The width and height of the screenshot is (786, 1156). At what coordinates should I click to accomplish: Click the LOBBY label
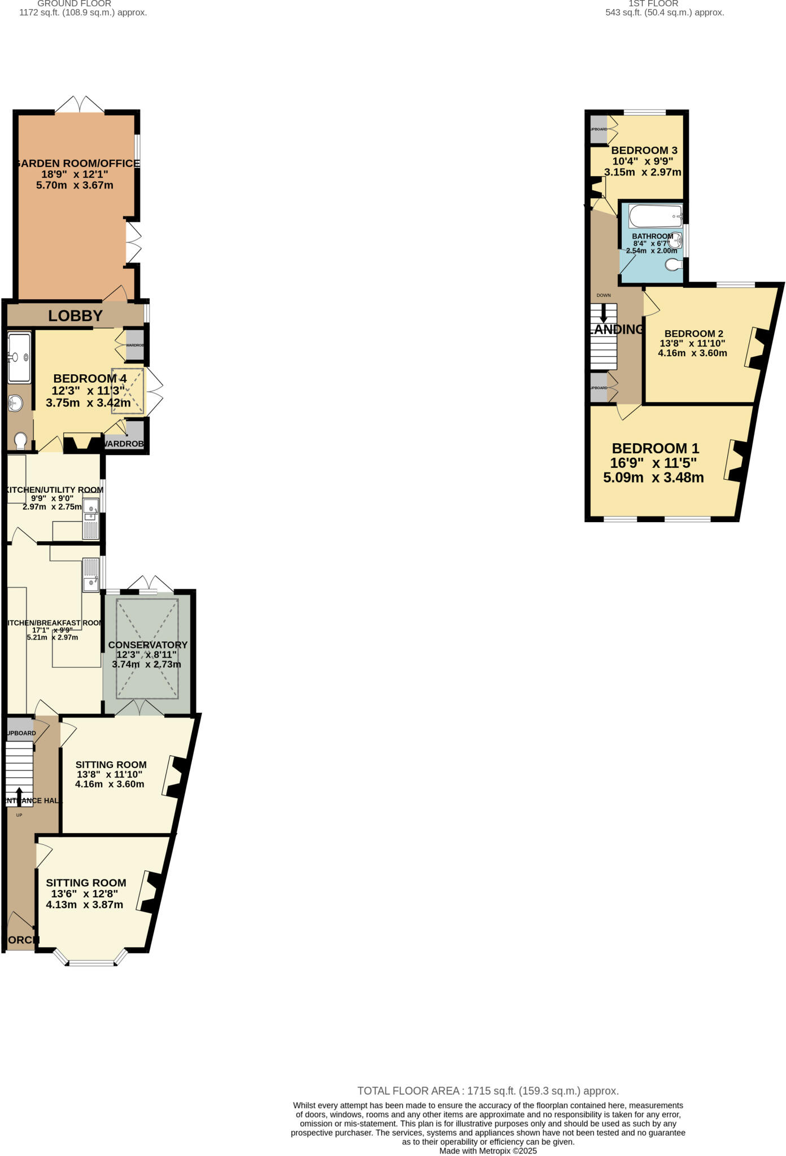[75, 316]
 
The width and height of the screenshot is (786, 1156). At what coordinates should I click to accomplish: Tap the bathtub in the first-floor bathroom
[656, 216]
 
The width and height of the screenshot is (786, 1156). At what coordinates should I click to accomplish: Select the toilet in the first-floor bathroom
[674, 264]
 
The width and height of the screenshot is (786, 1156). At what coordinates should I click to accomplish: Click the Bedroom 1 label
[655, 448]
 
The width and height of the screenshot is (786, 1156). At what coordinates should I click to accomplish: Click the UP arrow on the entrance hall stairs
[19, 796]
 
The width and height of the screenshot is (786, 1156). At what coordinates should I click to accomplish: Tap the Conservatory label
[147, 645]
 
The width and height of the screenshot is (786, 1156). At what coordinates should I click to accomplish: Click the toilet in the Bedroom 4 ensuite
[21, 440]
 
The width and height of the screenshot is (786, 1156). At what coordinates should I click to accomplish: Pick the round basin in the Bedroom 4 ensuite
[16, 403]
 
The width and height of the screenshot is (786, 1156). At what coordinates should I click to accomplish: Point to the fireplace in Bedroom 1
[736, 461]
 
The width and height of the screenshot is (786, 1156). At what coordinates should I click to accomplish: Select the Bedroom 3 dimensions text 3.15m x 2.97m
[643, 172]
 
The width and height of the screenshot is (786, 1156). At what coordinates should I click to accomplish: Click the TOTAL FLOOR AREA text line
[488, 1091]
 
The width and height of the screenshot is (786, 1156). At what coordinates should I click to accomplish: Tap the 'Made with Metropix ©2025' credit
[488, 1150]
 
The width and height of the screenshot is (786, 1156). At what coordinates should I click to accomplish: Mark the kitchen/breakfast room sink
[90, 575]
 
